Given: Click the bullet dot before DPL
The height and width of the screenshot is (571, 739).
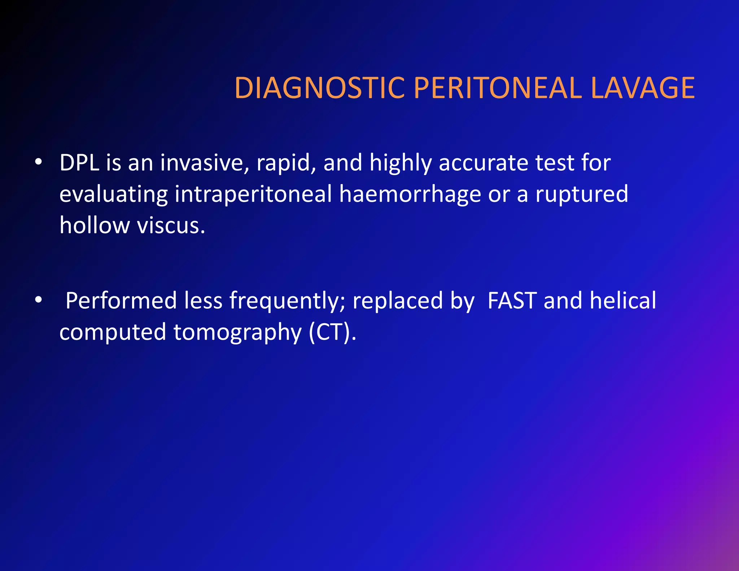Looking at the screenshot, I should (x=39, y=162).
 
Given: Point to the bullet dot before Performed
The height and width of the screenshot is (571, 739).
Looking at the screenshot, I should (x=39, y=300).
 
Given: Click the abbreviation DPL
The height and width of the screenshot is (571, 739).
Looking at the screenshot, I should (x=79, y=163).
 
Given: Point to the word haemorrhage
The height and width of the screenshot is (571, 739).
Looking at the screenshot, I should (x=410, y=194).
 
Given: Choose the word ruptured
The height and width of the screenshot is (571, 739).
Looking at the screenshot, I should (x=582, y=194).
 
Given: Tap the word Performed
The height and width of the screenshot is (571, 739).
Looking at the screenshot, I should (x=121, y=300).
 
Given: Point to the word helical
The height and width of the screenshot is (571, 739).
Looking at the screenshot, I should (x=623, y=300).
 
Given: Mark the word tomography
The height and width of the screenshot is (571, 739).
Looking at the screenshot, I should (x=237, y=332).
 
